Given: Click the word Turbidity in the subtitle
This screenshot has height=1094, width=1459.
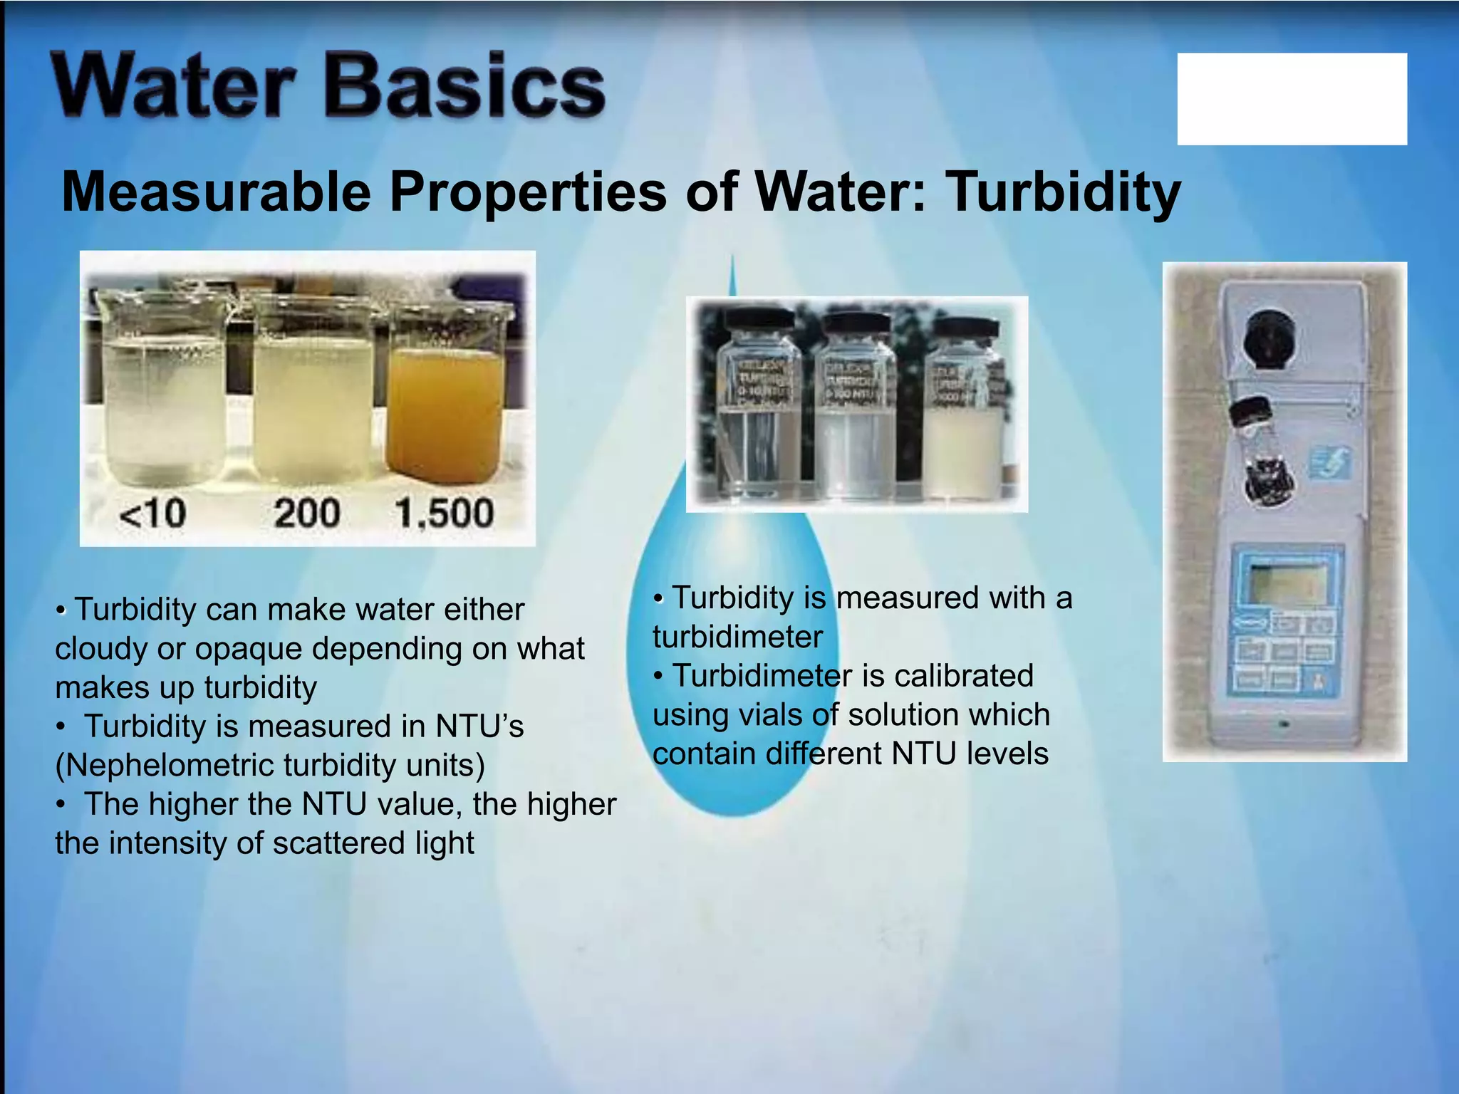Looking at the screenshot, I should pyautogui.click(x=1062, y=192).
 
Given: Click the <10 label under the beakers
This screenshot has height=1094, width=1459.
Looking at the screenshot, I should pyautogui.click(x=152, y=513).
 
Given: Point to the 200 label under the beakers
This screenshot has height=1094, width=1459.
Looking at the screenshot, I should pyautogui.click(x=306, y=513).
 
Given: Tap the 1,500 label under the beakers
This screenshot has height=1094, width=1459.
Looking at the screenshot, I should pyautogui.click(x=444, y=513).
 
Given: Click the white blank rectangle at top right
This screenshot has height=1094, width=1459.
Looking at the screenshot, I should pyautogui.click(x=1291, y=99).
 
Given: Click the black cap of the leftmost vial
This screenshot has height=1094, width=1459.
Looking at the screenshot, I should pyautogui.click(x=759, y=321).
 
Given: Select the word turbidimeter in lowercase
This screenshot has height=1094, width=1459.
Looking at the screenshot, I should pyautogui.click(x=737, y=637).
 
